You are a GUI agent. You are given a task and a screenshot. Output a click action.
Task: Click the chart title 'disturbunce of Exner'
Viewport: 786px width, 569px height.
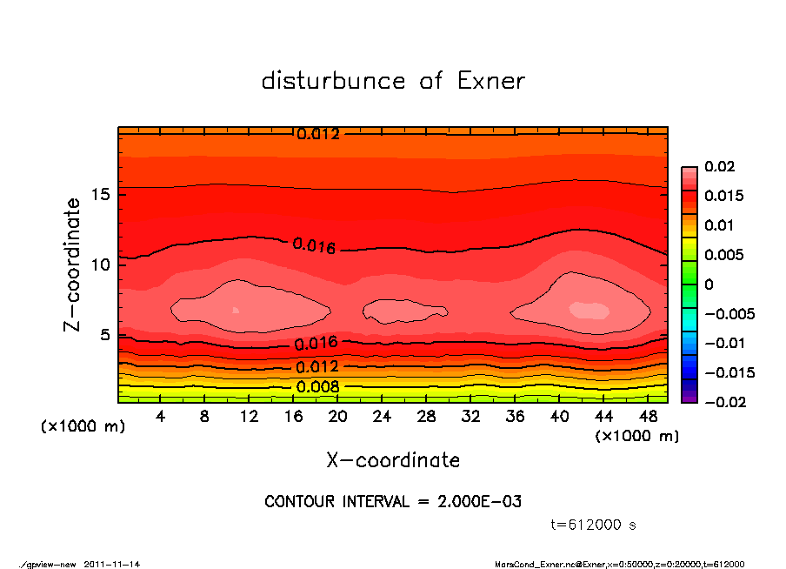393,82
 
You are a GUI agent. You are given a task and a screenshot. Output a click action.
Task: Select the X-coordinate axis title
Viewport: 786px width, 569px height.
393,459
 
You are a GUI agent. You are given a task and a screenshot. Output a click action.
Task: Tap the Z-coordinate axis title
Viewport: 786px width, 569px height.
73,264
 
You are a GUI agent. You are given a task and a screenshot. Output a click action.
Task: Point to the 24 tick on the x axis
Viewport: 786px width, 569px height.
383,417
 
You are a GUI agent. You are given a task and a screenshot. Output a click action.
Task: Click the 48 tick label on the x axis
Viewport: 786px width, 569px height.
647,417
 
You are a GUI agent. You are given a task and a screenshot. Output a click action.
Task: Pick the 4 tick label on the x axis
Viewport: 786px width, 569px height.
161,417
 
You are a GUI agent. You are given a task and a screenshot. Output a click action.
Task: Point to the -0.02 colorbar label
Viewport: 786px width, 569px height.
723,402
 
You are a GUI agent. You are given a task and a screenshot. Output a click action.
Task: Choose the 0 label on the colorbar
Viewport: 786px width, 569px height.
709,284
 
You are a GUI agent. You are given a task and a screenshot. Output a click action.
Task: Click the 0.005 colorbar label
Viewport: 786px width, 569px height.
723,255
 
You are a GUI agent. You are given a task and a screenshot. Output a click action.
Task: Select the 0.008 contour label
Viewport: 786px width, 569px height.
317,386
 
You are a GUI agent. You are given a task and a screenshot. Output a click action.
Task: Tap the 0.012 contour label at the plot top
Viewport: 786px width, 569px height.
317,134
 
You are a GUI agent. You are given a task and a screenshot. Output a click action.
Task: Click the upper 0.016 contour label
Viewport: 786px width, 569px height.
314,246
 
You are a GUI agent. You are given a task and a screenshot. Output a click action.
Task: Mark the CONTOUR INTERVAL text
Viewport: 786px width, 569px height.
393,502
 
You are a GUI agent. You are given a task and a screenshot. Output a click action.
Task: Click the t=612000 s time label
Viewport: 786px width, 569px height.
595,525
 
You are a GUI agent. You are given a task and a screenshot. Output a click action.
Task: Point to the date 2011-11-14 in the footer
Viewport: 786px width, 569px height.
112,564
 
